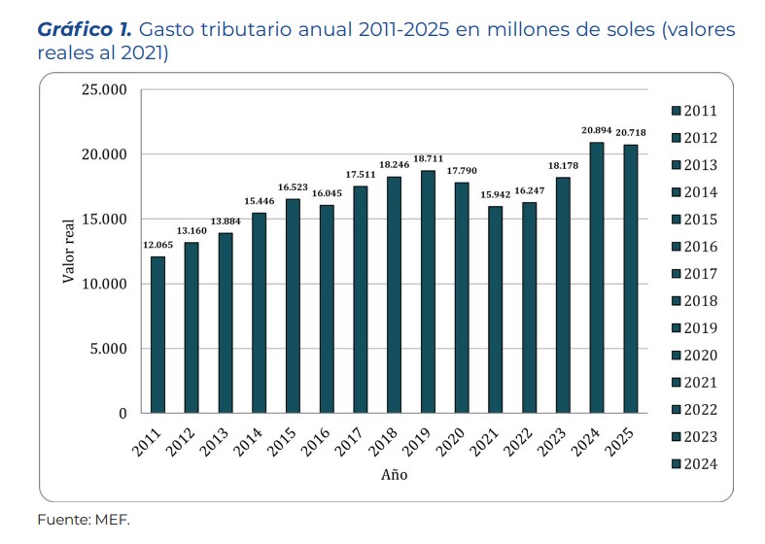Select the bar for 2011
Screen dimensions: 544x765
tap(157, 334)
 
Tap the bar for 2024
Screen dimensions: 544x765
tap(596, 278)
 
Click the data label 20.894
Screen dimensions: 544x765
tap(596, 131)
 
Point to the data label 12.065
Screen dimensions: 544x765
tap(157, 245)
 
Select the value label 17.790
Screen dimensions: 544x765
tap(462, 171)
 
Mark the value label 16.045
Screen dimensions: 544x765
tap(327, 193)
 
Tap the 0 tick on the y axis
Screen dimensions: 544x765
tap(122, 414)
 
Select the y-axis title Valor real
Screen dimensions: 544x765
tap(69, 252)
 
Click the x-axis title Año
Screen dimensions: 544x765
tap(394, 475)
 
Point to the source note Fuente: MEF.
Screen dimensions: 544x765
tap(83, 519)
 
